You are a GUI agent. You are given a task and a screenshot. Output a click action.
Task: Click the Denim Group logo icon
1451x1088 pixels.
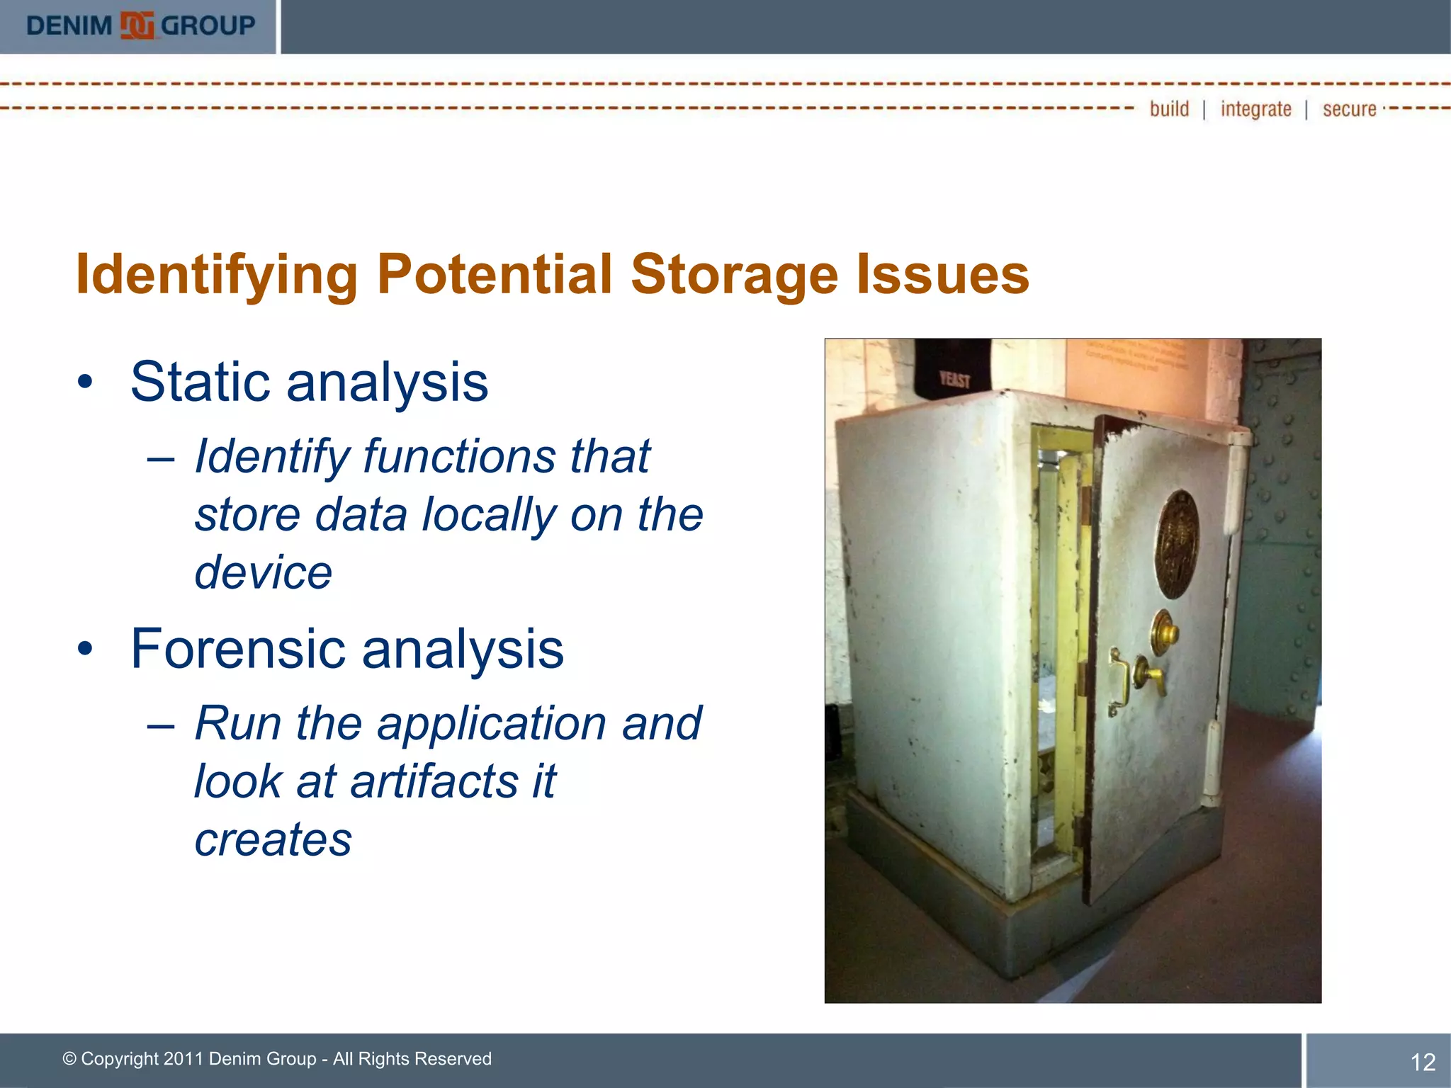tap(137, 26)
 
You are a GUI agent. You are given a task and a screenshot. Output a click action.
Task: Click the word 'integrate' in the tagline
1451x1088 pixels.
tap(1255, 109)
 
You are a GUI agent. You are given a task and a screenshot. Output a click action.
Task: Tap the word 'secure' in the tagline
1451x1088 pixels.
tap(1349, 109)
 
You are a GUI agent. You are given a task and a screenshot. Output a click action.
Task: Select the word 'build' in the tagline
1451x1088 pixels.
tap(1169, 109)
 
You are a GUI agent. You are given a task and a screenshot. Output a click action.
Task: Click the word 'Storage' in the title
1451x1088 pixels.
tap(735, 275)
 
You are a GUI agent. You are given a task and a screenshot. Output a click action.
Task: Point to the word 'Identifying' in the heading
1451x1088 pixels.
tap(216, 275)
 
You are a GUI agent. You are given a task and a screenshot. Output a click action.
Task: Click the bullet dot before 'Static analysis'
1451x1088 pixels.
tap(86, 383)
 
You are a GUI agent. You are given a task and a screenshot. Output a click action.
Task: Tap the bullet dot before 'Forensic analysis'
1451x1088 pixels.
tap(86, 650)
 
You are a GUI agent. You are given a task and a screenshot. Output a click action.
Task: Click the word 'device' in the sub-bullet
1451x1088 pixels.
tap(263, 572)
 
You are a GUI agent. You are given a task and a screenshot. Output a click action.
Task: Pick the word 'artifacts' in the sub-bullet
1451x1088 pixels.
tap(434, 781)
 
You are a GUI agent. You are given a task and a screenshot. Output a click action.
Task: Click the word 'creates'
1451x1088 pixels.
tap(273, 839)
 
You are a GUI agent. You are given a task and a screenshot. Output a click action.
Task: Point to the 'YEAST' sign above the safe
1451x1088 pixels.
tap(954, 379)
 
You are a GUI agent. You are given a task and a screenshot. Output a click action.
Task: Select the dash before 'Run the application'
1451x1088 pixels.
tap(161, 726)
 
